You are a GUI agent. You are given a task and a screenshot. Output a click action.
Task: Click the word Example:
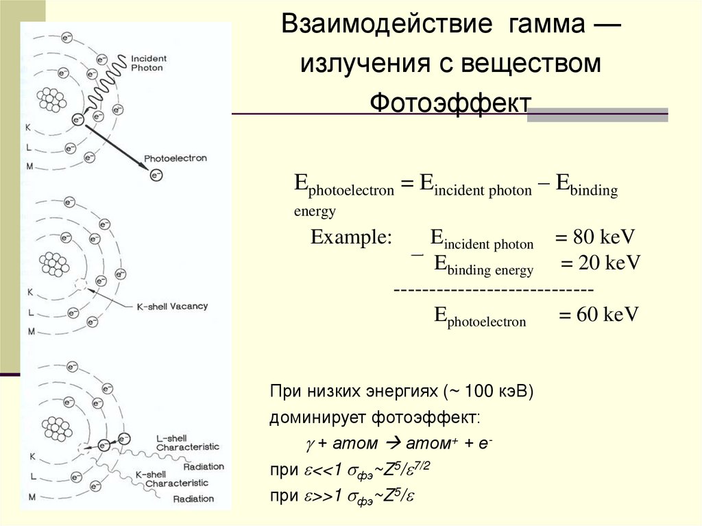pos(351,238)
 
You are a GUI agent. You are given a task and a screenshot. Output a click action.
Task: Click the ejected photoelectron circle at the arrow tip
pos(156,176)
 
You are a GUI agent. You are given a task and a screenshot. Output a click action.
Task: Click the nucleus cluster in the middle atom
pos(53,262)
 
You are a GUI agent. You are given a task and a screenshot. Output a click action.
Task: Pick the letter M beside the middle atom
pos(31,331)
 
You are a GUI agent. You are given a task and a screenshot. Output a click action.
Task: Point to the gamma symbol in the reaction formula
pos(309,444)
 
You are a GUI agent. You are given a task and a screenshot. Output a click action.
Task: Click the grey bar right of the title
pos(597,114)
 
